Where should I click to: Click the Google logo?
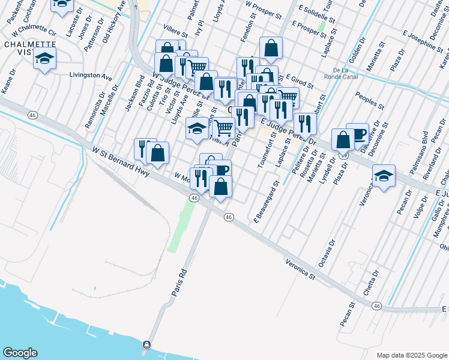(20, 353)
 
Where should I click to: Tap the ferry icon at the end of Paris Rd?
(146, 345)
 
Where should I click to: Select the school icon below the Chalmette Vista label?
(44, 59)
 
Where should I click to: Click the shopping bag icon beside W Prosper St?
(271, 48)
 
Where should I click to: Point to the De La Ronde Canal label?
(345, 73)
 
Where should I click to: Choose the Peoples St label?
(369, 101)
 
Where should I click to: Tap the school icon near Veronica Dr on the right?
(384, 175)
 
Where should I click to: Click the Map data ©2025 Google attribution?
(411, 355)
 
